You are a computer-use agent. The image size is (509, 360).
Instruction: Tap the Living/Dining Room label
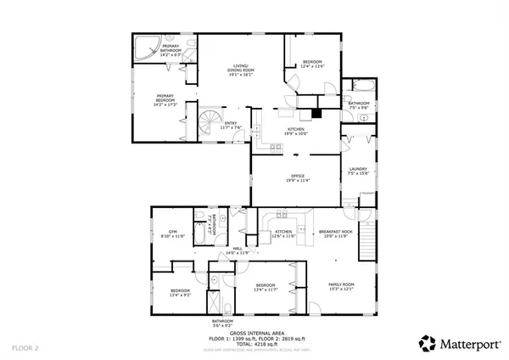coord(242,71)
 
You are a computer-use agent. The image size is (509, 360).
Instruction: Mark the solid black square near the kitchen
coord(316,110)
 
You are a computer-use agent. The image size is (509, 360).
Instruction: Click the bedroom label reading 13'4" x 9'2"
coord(173,293)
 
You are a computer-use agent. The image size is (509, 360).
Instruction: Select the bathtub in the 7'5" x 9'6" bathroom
coord(353,88)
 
